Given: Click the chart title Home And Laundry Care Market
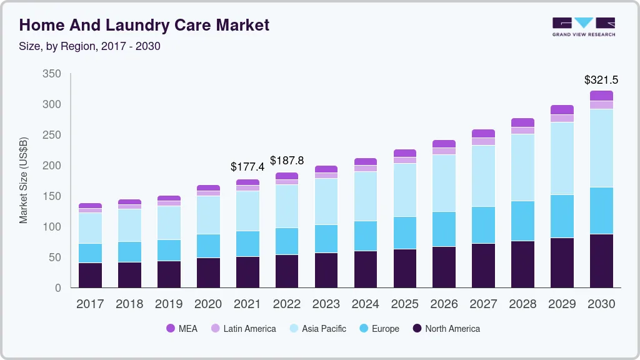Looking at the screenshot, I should click(144, 25).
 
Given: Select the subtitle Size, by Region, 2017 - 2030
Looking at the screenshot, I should click(90, 46).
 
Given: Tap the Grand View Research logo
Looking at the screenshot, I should click(583, 26).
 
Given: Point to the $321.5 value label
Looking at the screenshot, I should click(601, 79).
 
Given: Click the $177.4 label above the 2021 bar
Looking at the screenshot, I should click(247, 167).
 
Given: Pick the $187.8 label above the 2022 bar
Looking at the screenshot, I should click(287, 161).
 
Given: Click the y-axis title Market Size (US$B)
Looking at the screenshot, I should click(24, 180).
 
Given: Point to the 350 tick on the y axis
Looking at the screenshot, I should click(52, 74).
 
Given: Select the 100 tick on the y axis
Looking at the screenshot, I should click(52, 227).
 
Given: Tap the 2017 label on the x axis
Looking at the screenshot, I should click(90, 304).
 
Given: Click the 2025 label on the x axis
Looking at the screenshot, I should click(405, 304).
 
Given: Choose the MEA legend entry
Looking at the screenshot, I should click(182, 329).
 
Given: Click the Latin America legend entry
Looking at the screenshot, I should click(243, 329).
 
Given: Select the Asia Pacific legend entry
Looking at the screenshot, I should click(317, 329).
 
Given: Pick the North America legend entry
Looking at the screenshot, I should click(446, 329).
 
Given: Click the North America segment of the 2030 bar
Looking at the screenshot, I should click(601, 261).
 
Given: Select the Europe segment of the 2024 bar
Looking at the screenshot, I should click(366, 236).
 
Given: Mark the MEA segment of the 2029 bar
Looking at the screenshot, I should click(562, 110).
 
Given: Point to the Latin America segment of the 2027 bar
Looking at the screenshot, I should click(483, 141).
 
